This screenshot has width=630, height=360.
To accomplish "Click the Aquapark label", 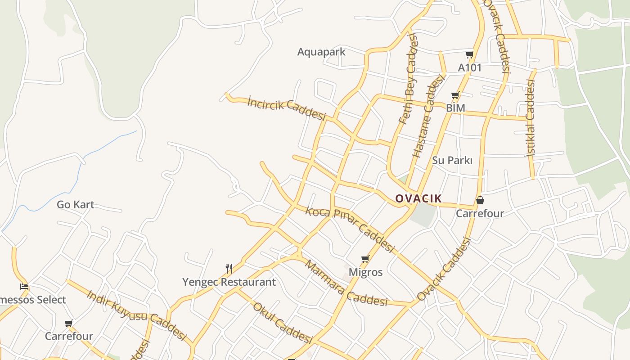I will click(321, 52).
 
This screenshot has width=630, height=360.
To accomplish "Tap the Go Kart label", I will click(75, 205).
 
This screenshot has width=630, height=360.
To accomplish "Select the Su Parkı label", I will click(452, 160).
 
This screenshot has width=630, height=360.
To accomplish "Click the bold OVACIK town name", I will click(418, 198).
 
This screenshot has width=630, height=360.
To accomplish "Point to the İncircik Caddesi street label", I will click(286, 108).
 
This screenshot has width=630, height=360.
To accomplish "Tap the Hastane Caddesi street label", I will click(428, 116).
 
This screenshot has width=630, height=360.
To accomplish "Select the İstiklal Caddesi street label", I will click(531, 118).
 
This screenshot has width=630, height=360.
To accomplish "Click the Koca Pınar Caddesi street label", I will click(350, 229).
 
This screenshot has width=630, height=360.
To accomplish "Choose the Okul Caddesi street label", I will click(282, 323).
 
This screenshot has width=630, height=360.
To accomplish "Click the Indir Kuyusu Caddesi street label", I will click(136, 315).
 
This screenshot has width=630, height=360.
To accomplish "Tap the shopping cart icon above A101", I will click(469, 55).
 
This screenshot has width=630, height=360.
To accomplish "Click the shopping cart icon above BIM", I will click(455, 95).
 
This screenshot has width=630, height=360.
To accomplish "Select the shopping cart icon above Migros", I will click(365, 259).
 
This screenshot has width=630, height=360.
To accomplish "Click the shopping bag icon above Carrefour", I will click(480, 200).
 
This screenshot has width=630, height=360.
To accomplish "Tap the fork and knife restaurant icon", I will click(229, 269).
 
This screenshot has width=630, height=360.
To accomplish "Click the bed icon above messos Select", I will click(24, 286).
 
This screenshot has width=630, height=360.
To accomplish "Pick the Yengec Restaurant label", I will click(229, 282).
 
